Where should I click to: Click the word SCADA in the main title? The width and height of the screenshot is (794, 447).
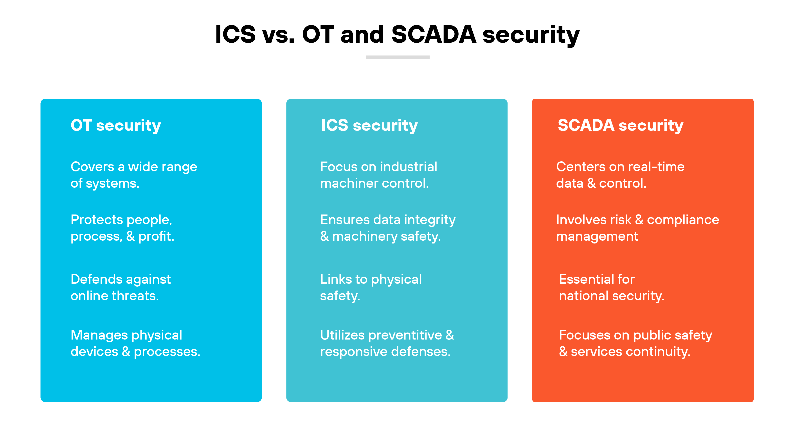pos(433,34)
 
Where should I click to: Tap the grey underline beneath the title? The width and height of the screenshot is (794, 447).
pos(398,57)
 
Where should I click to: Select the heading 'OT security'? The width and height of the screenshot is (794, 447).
pos(116,125)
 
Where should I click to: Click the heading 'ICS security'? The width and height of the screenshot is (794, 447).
pos(369,125)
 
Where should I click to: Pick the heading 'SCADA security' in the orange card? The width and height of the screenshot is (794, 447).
pos(620,125)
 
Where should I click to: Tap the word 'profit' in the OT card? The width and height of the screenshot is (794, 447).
pos(156,236)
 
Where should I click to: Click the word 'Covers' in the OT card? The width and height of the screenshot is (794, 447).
pos(92,167)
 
